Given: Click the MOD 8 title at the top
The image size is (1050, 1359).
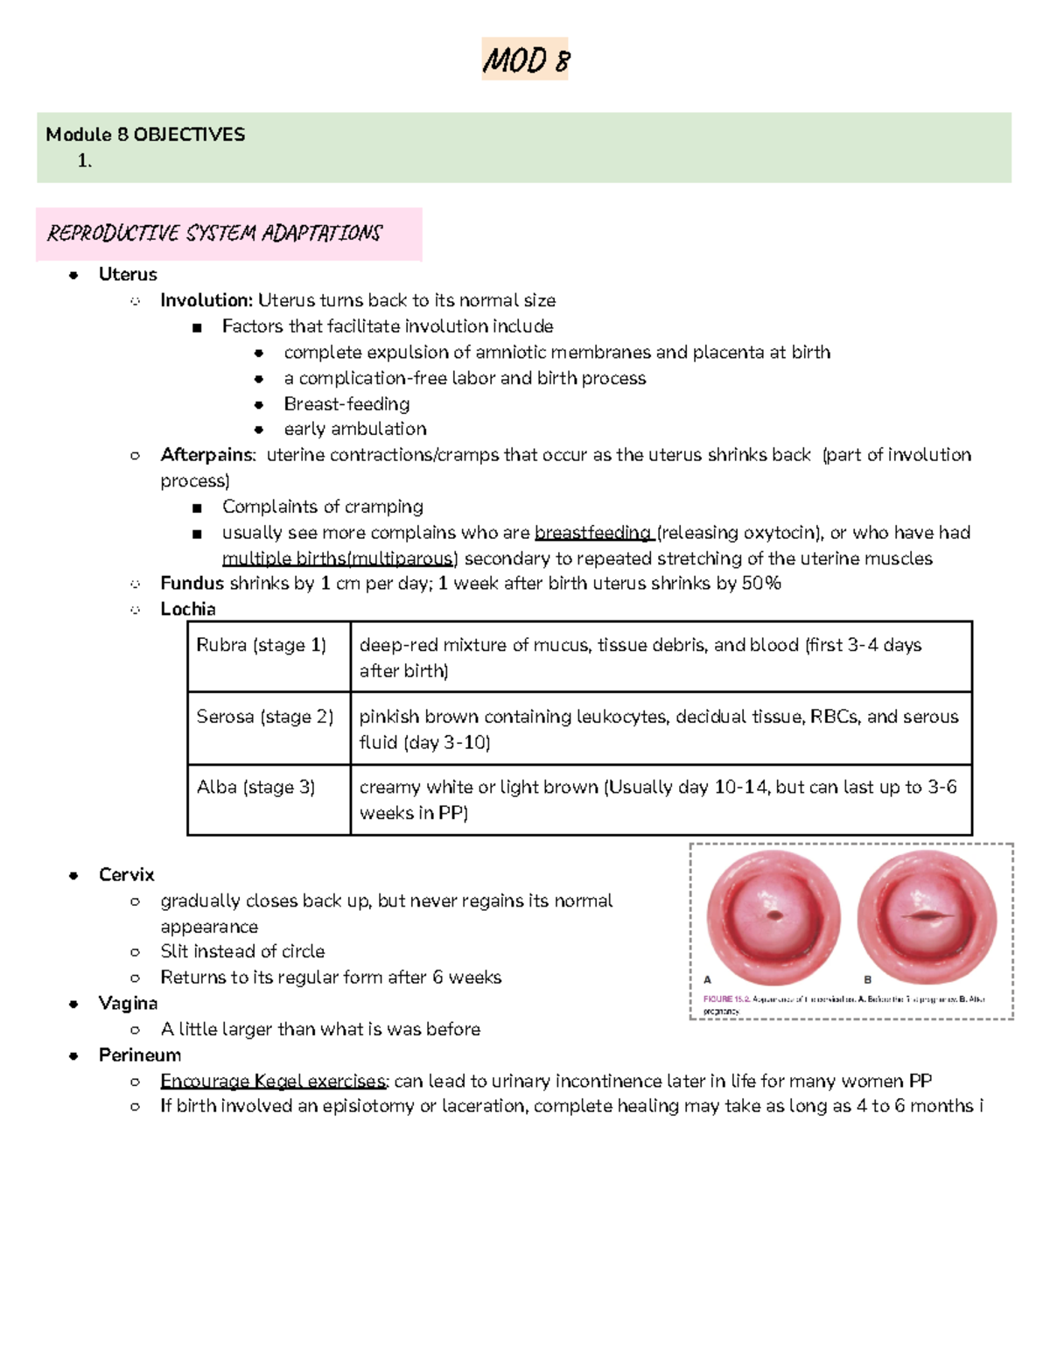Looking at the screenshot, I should point(525,60).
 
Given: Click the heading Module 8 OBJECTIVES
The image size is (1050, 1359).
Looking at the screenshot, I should point(145,134).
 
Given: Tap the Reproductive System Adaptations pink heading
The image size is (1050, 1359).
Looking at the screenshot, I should point(215,233).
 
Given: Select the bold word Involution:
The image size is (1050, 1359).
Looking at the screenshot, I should point(206,300).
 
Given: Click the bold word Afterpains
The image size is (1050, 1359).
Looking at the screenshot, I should point(207,455).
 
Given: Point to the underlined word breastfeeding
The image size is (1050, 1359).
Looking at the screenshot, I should point(592,533).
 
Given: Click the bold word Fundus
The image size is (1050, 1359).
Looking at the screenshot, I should point(192,584).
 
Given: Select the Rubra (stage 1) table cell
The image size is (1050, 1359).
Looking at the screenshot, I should point(261,646).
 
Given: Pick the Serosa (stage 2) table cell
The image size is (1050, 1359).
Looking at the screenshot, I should point(264,717).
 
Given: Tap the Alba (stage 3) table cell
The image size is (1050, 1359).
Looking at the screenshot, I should point(255,788).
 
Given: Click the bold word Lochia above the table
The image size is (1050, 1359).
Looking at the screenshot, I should point(188,609).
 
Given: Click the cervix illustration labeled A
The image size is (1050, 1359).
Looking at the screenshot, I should point(773,917).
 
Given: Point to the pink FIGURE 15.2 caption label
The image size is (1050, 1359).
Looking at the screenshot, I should point(726,998).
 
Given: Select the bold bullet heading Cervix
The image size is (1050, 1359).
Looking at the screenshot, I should point(127,875).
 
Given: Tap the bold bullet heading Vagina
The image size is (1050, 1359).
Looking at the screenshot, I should point(129,1003).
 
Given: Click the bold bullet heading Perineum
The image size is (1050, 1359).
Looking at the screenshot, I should point(140,1055).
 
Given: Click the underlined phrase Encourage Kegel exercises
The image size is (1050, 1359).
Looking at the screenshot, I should point(273,1082).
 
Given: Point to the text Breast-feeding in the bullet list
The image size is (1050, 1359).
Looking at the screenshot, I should point(346,404).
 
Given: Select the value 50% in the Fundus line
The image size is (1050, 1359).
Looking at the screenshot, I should point(760,584).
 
